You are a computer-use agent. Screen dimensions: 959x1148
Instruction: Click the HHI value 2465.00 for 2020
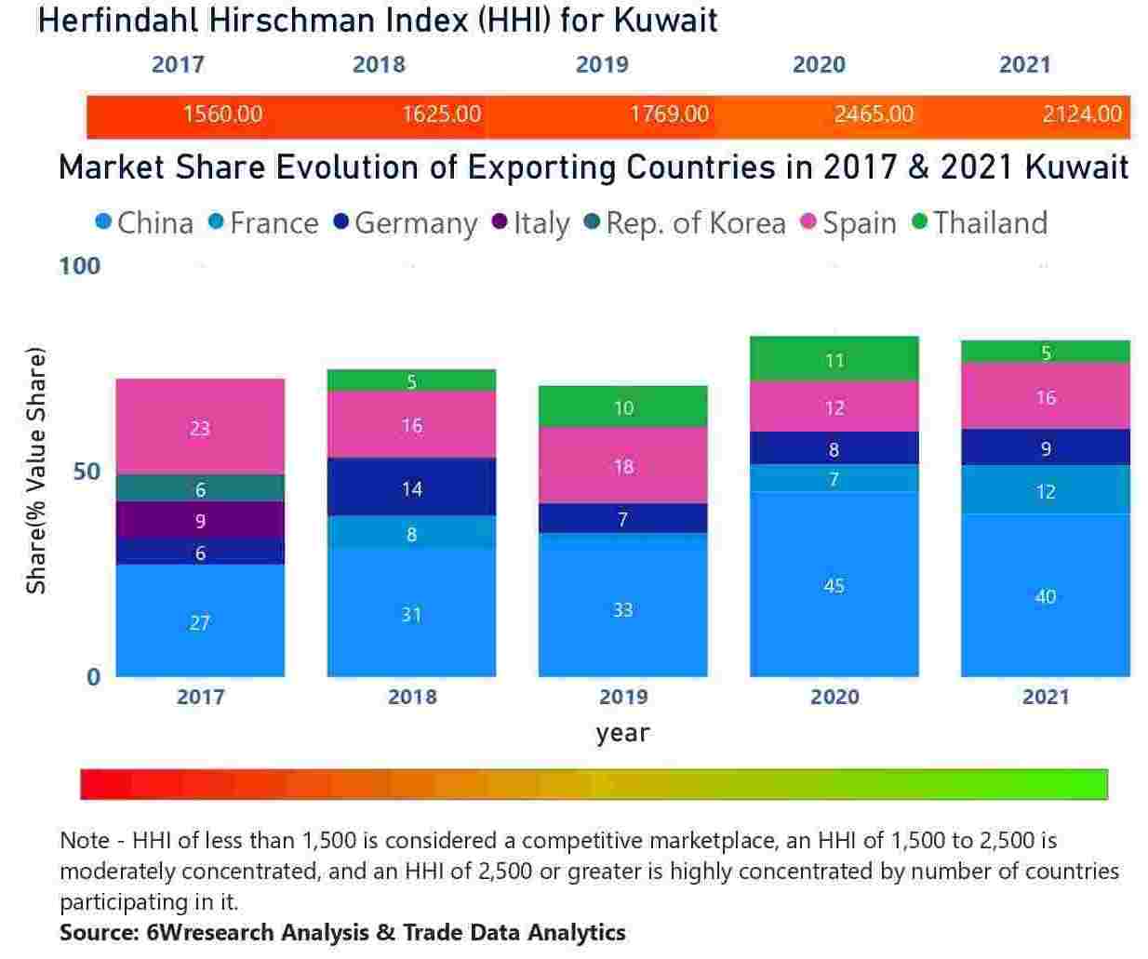874,114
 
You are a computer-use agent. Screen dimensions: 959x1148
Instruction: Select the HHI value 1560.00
222,114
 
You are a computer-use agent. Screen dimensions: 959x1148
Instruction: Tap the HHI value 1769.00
669,114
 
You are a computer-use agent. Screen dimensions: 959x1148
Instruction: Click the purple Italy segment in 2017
200,521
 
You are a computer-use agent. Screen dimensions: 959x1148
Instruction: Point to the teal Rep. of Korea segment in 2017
200,488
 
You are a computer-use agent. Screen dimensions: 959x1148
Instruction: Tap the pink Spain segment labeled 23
200,427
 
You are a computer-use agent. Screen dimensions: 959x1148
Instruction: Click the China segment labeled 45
834,584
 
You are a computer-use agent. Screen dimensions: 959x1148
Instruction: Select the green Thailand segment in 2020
834,359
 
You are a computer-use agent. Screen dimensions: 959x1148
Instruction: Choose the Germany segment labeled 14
411,487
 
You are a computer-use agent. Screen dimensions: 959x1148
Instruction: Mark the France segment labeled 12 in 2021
1045,490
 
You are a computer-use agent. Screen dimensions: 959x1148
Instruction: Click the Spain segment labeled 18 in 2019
622,465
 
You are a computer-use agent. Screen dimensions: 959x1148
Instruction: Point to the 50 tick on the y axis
87,472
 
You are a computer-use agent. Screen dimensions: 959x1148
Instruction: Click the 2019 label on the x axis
622,697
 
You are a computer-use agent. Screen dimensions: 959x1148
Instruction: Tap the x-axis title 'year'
622,733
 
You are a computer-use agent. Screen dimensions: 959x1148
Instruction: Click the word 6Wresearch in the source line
210,932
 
